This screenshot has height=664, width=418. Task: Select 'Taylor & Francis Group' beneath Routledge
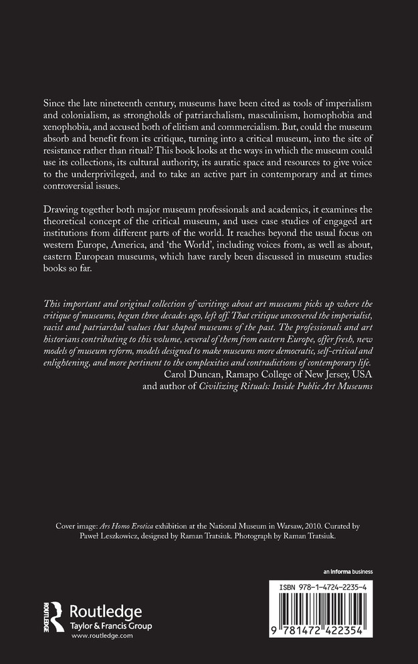(111, 625)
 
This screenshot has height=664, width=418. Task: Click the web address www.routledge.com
(102, 636)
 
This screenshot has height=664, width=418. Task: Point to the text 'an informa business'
(348, 572)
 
